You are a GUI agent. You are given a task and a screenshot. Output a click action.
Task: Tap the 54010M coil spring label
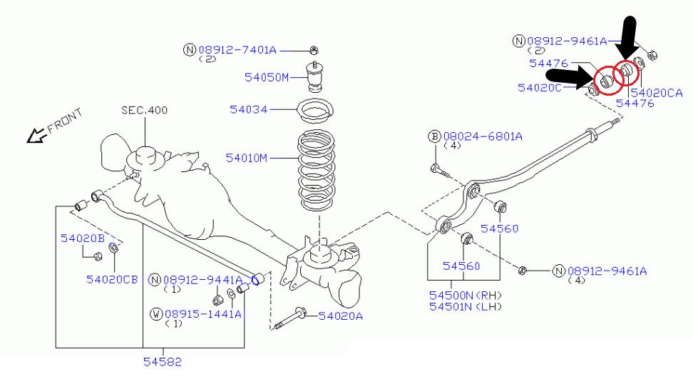(247, 157)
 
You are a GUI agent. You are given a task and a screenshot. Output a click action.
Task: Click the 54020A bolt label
(340, 316)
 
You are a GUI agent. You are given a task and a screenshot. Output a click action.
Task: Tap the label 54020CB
(112, 279)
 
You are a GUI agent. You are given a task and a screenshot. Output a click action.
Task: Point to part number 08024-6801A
(483, 136)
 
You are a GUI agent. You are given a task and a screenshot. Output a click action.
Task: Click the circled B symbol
(434, 136)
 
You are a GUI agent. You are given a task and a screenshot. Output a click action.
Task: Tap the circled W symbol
(155, 313)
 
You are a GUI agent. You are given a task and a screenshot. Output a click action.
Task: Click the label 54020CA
(656, 92)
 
